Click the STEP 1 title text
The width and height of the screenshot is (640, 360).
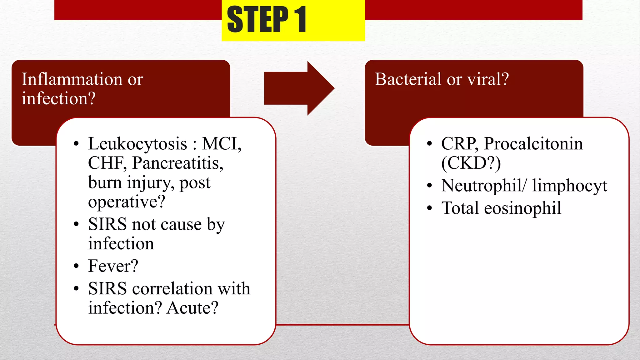point(267,19)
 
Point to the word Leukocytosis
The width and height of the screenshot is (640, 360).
point(137,144)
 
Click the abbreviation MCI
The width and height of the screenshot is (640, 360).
point(221,144)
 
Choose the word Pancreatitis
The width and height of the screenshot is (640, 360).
point(177,163)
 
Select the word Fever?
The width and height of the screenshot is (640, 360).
point(113,266)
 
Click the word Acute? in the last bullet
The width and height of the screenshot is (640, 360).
point(192,308)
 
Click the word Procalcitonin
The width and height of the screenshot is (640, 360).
point(533,144)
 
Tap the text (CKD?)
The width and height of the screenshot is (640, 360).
point(471,163)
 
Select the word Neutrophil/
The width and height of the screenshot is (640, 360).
point(483,186)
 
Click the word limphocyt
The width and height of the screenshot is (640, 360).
point(569,186)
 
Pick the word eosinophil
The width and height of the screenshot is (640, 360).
point(522,208)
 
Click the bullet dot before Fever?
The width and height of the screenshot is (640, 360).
point(76,266)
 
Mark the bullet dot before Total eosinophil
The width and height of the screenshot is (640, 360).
point(430,208)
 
